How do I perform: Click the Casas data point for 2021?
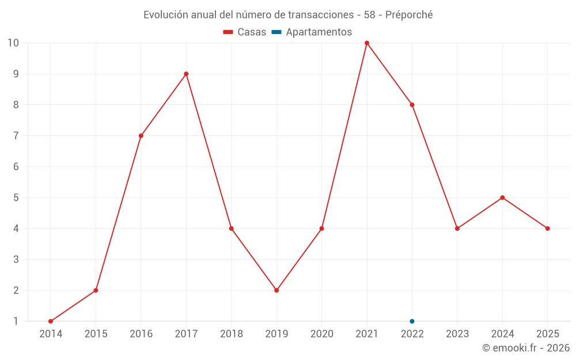coord(367,43)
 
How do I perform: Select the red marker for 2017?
coord(186,74)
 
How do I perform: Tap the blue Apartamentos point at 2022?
coord(412,321)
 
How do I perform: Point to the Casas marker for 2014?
coord(51,321)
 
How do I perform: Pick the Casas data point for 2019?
coord(276,290)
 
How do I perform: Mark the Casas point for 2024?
coord(502,198)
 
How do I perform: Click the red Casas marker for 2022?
coord(412,105)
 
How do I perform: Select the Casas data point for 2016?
coord(141,136)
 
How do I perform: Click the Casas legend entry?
coord(245,32)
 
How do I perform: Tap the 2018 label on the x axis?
coord(232,334)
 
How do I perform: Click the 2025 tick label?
coord(547,334)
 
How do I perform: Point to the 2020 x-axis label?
coord(321,334)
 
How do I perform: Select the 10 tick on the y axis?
coord(13,43)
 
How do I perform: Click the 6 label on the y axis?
coord(16,166)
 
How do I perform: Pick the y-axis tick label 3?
coord(16,259)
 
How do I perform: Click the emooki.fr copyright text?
coord(526,348)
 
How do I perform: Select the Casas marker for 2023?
coord(457,229)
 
